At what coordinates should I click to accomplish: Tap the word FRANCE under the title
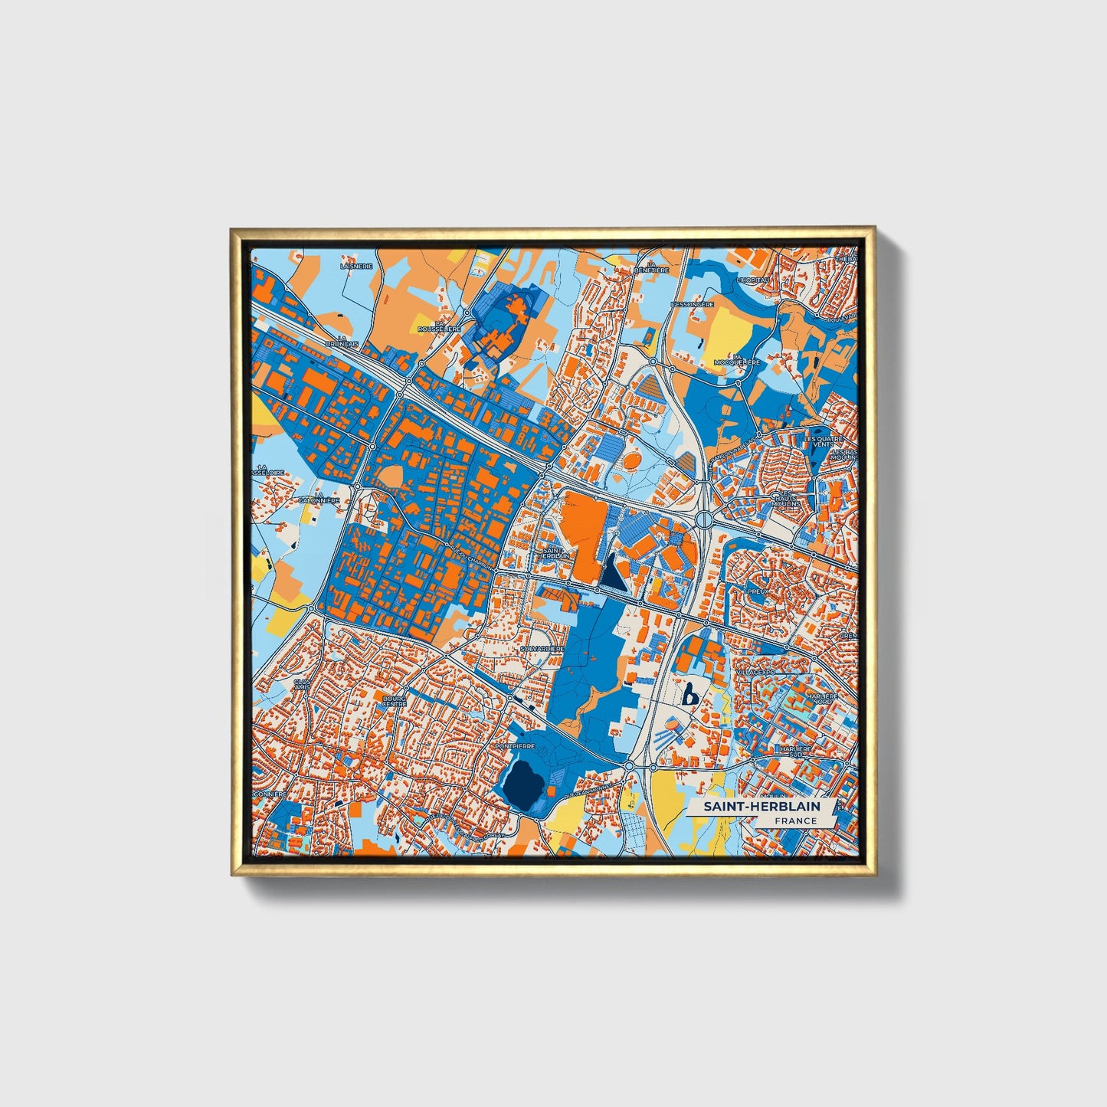click(x=795, y=820)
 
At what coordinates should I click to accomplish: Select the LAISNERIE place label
click(x=356, y=266)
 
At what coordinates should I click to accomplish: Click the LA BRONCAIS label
click(x=342, y=341)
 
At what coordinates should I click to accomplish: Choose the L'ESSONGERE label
click(x=692, y=304)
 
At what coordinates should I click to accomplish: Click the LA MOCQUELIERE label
click(x=736, y=359)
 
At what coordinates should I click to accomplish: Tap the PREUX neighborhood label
click(x=758, y=591)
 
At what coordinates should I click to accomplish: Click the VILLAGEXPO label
click(x=755, y=672)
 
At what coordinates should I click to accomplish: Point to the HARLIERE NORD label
click(x=822, y=698)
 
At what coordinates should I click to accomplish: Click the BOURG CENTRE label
click(x=394, y=702)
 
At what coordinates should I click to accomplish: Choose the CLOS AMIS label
click(x=303, y=684)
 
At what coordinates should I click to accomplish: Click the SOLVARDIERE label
click(x=542, y=649)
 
